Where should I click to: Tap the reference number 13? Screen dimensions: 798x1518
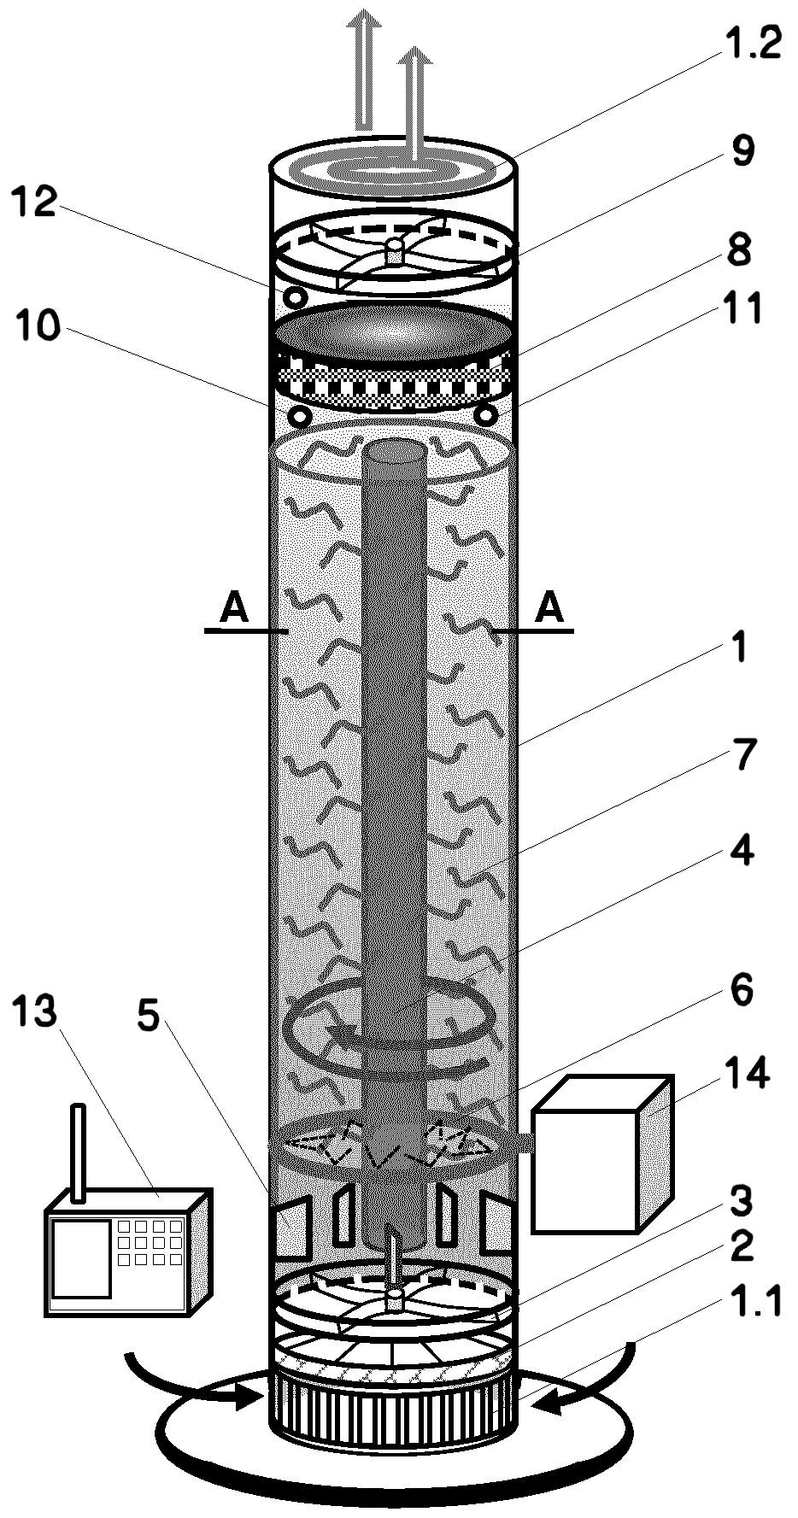click(34, 1011)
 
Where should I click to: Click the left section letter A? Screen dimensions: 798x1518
click(233, 609)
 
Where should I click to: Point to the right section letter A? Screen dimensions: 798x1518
click(550, 609)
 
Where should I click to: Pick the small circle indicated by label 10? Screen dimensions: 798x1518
click(300, 416)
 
